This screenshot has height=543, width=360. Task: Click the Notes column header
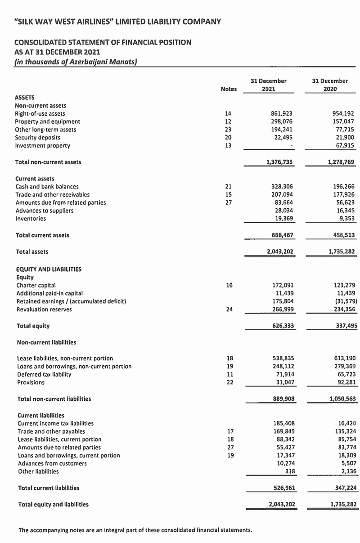[x=229, y=89]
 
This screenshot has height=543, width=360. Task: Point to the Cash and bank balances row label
[x=47, y=186]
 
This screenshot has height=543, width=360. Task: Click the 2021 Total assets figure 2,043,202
[x=280, y=252]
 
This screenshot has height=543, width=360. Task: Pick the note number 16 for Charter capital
[x=229, y=285]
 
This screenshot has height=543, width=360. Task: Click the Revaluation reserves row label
[x=44, y=310]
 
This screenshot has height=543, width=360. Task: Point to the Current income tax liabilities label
[x=55, y=423]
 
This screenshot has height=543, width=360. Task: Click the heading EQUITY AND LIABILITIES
[x=49, y=269]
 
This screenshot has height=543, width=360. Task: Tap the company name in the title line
[x=117, y=21]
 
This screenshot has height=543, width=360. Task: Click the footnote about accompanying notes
[x=135, y=530]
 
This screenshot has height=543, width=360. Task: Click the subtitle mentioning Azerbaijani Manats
[x=76, y=62]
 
